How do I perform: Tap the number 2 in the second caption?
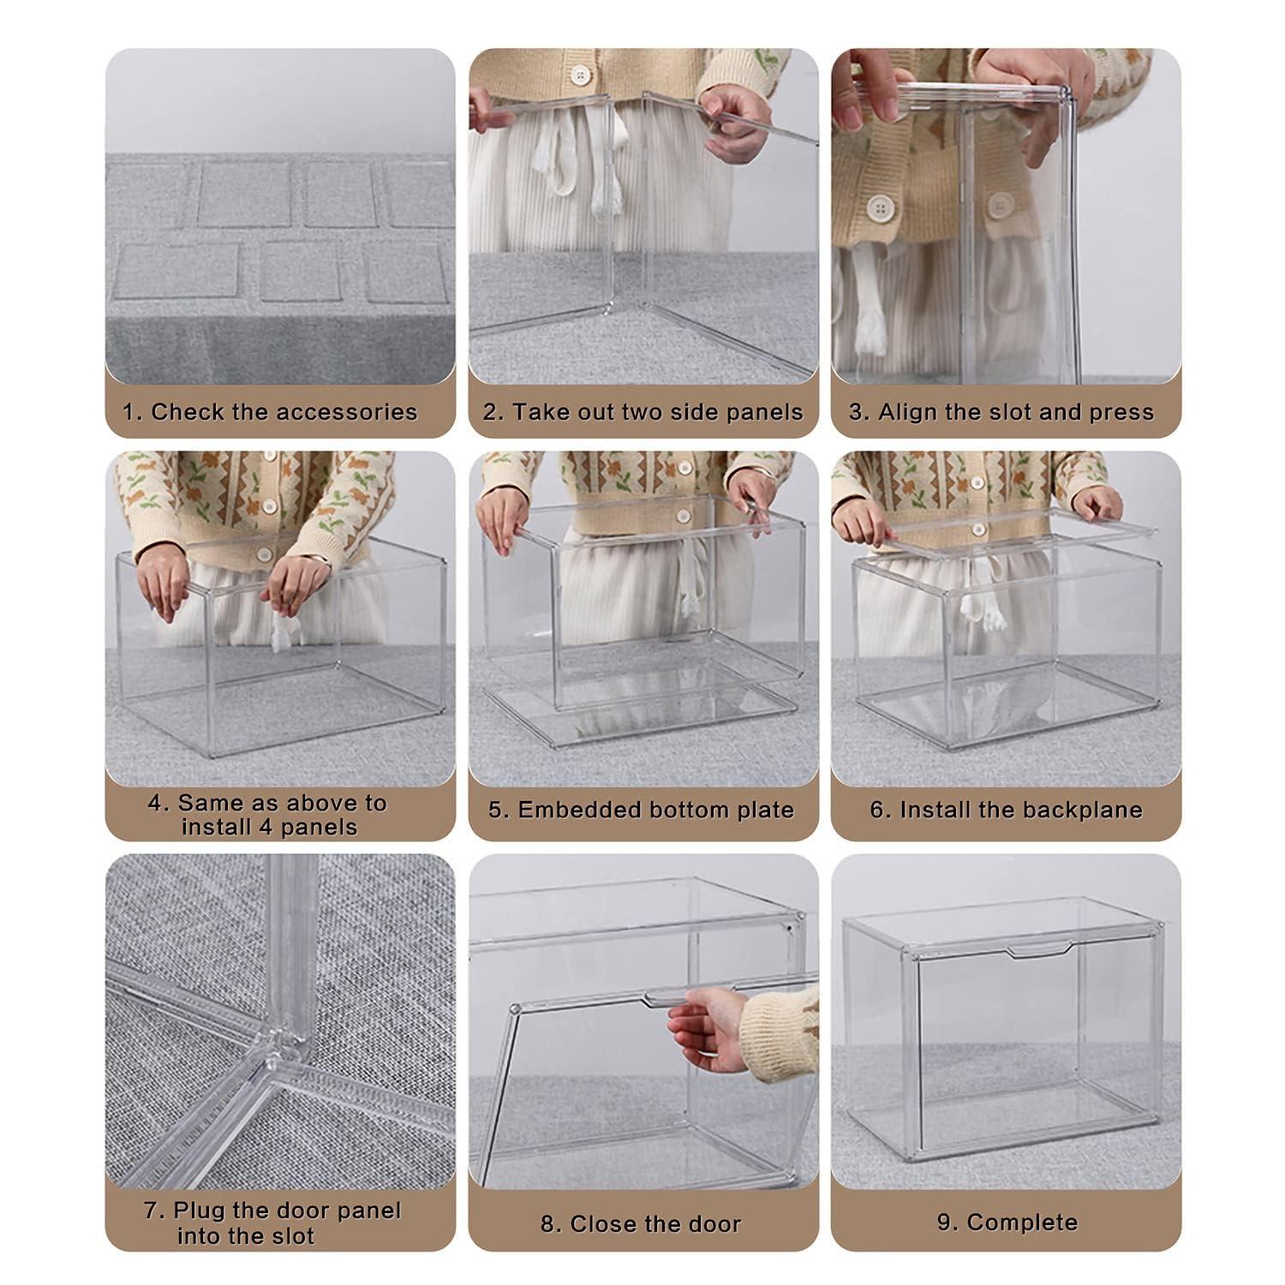(492, 412)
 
